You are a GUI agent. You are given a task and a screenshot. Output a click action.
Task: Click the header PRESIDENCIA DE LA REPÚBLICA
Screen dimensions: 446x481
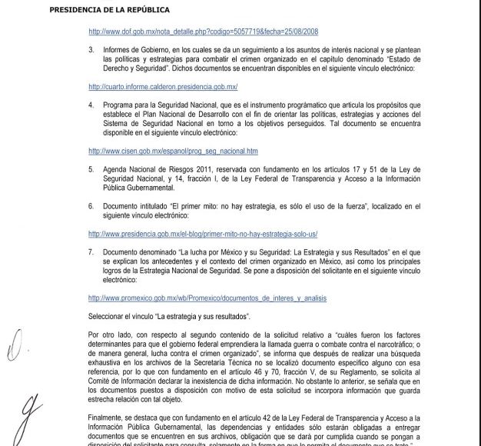point(109,10)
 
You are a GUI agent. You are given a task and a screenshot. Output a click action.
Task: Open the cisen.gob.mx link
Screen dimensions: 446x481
point(163,151)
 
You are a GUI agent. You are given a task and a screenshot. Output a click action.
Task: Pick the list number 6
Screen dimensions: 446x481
point(91,207)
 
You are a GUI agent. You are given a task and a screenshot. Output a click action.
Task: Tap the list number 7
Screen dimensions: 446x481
point(91,251)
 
